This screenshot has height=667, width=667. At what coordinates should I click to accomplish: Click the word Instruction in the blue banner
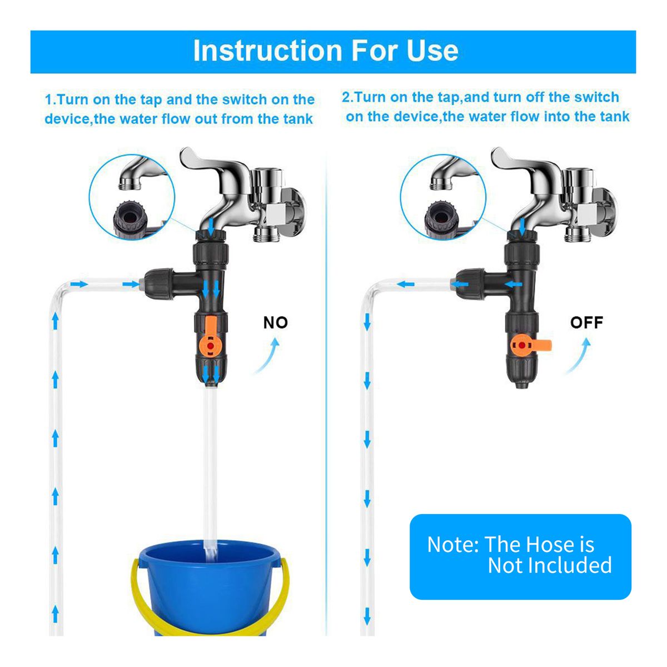click(x=268, y=51)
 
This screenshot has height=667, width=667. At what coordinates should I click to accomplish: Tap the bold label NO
click(x=276, y=322)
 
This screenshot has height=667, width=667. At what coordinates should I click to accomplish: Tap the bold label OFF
click(x=586, y=322)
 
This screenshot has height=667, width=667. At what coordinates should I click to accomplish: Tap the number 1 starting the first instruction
click(x=48, y=100)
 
